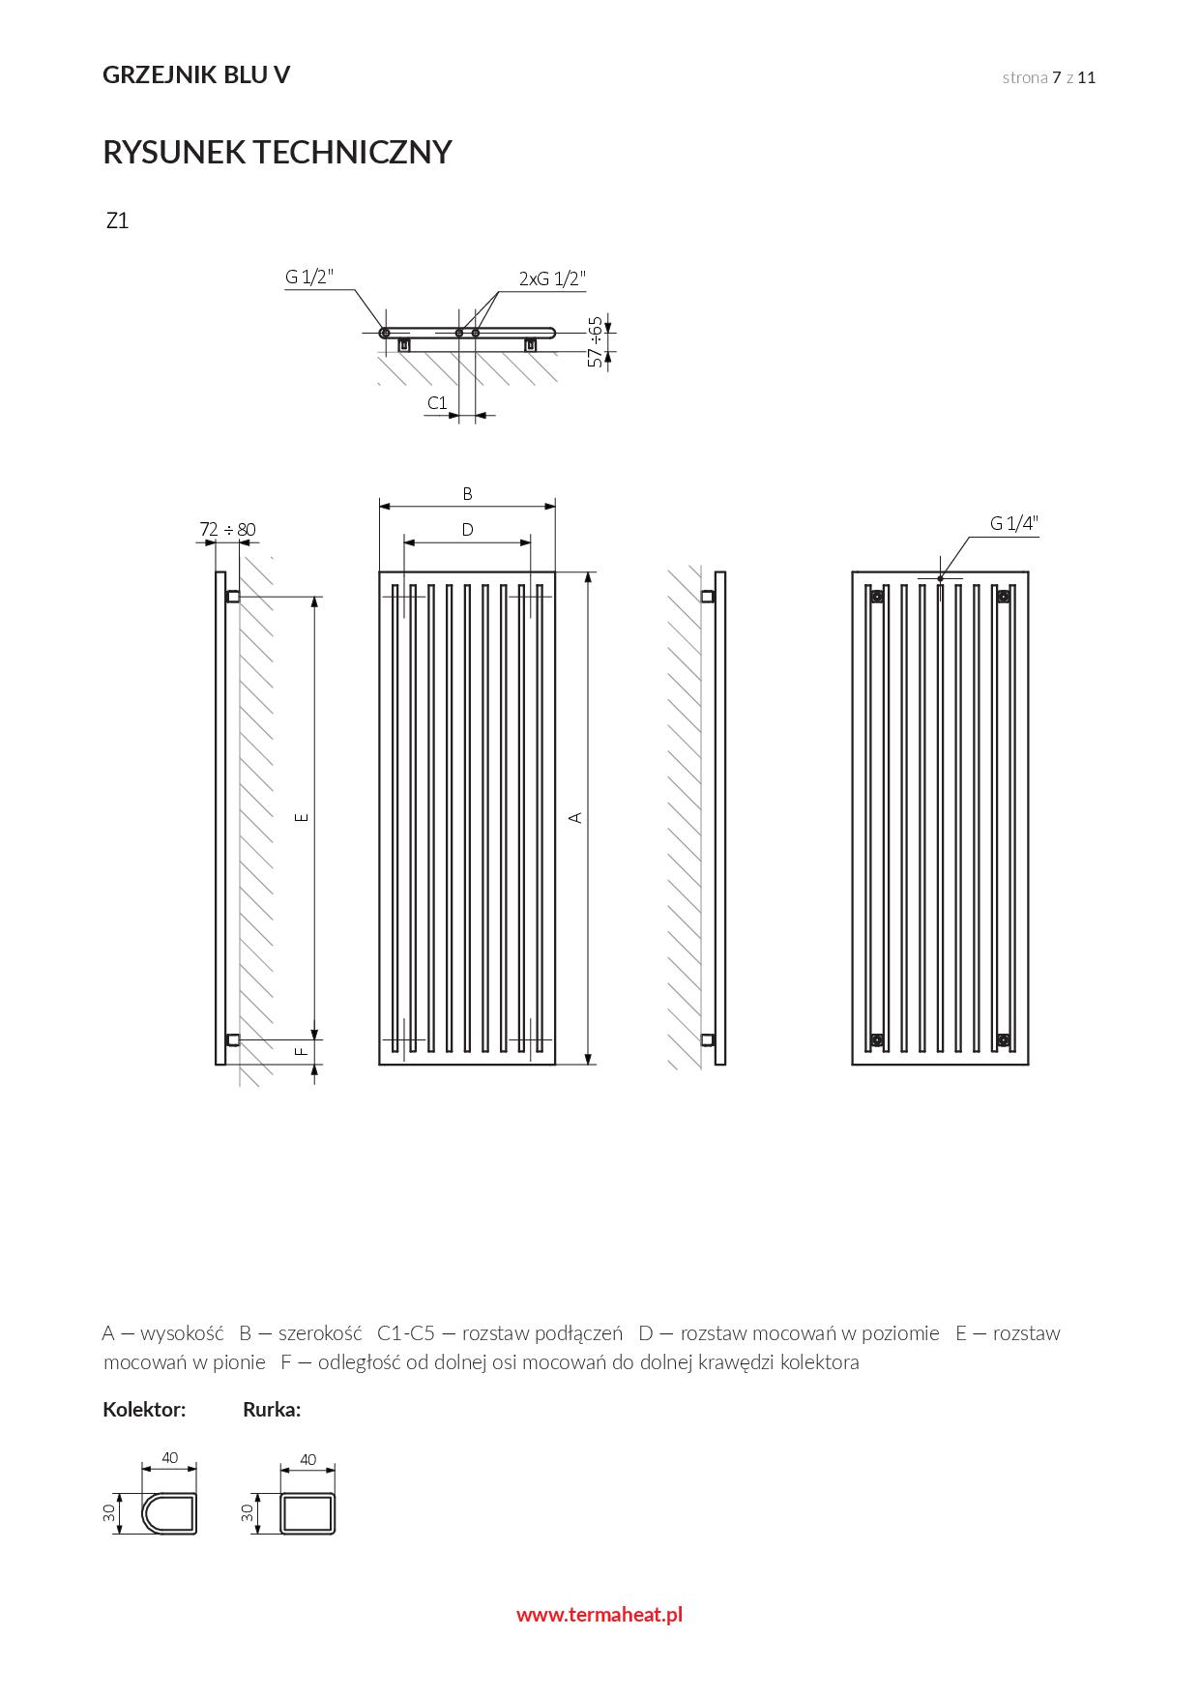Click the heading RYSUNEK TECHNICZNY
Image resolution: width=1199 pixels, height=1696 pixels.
pyautogui.click(x=278, y=153)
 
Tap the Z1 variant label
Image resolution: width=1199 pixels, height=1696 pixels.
pyautogui.click(x=117, y=220)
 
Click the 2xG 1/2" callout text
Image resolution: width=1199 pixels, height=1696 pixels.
pyautogui.click(x=553, y=278)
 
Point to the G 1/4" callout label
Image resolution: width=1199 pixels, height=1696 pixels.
pyautogui.click(x=1013, y=524)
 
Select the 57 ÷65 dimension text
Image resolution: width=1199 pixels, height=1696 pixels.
pyautogui.click(x=596, y=342)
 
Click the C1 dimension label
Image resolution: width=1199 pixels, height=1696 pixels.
pyautogui.click(x=437, y=402)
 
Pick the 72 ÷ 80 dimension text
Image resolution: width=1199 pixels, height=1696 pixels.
pyautogui.click(x=227, y=529)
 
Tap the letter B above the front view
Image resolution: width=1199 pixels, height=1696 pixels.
pyautogui.click(x=467, y=494)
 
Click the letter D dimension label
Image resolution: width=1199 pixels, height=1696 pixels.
pyautogui.click(x=467, y=530)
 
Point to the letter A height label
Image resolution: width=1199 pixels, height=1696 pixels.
pyautogui.click(x=575, y=818)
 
